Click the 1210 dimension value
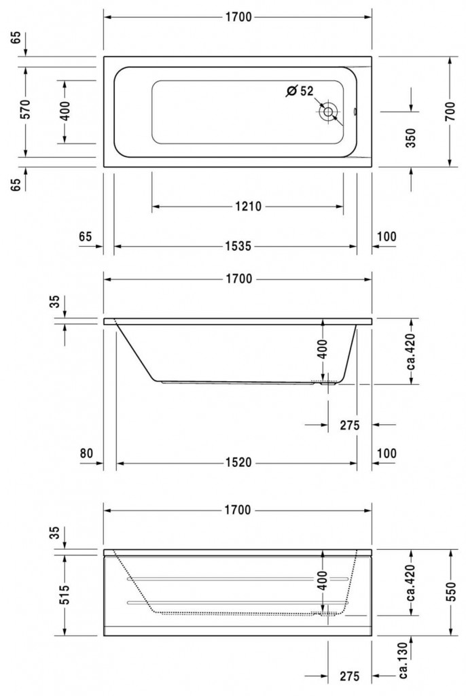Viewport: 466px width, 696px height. click(x=248, y=207)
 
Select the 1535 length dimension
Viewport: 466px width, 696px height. click(x=238, y=247)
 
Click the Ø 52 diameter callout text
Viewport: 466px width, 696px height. click(x=300, y=90)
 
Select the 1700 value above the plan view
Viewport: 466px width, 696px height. click(x=238, y=18)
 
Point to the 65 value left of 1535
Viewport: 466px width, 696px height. click(x=86, y=237)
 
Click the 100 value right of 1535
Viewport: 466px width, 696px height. click(x=386, y=237)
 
